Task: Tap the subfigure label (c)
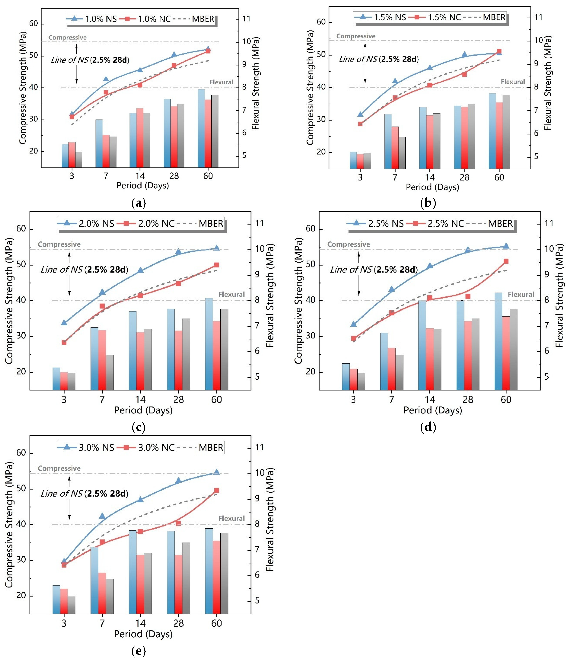[x=138, y=427]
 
